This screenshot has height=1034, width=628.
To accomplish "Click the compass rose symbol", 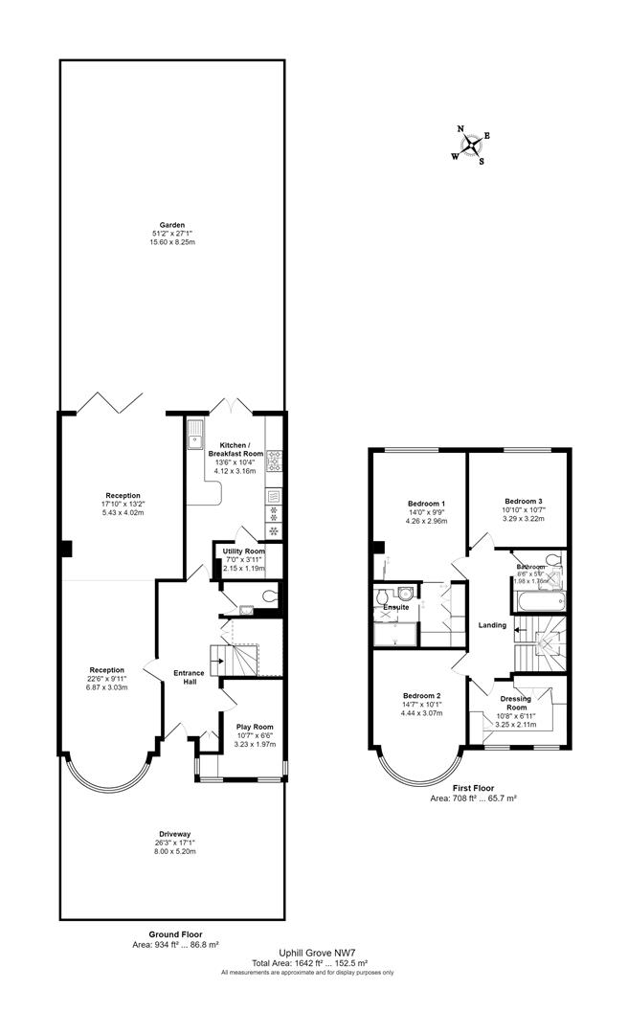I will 471,146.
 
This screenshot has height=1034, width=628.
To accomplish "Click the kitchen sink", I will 196,437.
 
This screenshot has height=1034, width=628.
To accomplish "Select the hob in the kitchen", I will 273,461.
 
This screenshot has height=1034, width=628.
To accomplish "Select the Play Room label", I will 255,727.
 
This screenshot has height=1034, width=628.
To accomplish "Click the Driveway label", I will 172,834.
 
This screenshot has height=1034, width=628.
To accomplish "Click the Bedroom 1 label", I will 425,504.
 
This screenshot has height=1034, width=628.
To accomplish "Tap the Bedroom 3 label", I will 524,501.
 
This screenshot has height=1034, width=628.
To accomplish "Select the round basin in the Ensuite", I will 405,591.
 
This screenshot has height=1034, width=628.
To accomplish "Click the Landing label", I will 492,626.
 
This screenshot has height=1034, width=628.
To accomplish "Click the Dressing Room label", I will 515,704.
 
